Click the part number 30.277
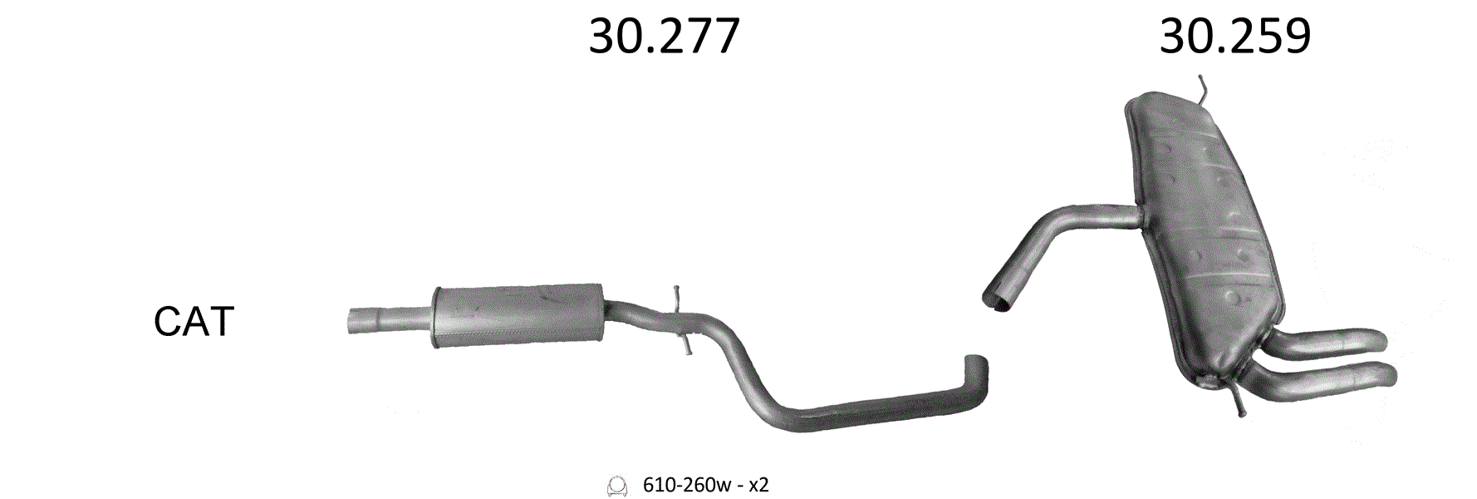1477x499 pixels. coord(664,37)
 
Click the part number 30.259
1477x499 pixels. coord(1234,37)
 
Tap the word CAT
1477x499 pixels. coord(194,321)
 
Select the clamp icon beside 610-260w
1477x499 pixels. coord(616,486)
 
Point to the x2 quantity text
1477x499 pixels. coord(758,485)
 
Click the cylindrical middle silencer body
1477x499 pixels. coord(518,314)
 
